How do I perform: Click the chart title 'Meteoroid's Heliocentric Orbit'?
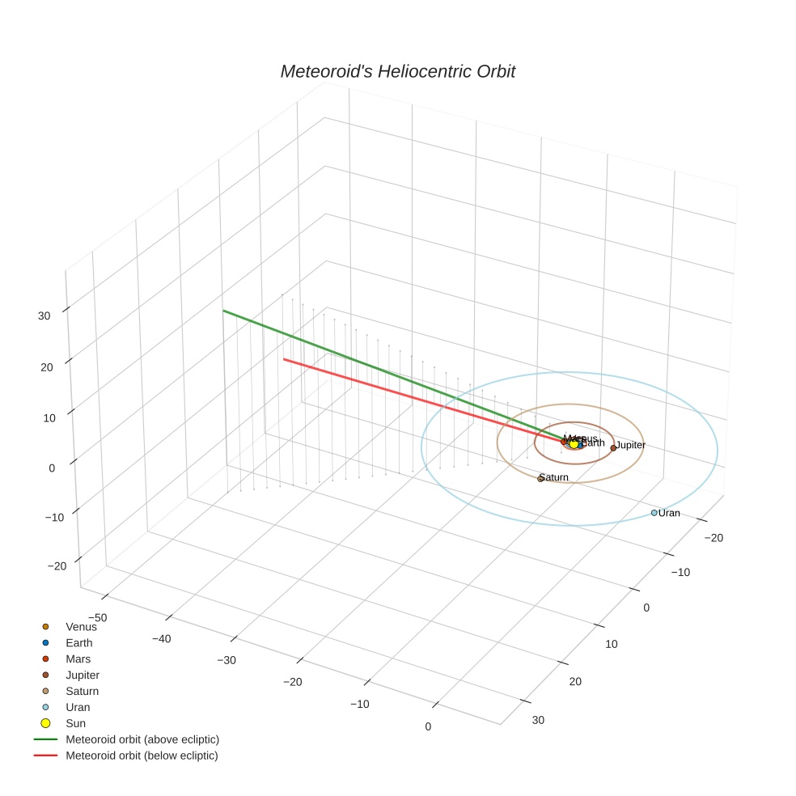(x=397, y=72)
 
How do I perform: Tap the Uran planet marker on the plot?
(x=654, y=513)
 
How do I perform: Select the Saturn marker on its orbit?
(x=540, y=479)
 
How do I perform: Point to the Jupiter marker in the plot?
(x=613, y=447)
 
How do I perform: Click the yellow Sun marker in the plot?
(x=574, y=444)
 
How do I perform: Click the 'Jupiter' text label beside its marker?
(x=631, y=446)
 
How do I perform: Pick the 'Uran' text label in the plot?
(x=669, y=513)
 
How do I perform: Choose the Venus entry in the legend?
(x=81, y=626)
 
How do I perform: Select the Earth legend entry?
(x=79, y=642)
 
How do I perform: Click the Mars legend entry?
(x=78, y=658)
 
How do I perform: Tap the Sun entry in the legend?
(x=76, y=723)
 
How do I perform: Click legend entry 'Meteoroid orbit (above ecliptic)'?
(x=142, y=739)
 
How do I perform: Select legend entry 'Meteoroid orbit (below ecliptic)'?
(x=142, y=756)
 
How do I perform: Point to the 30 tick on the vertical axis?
(x=44, y=316)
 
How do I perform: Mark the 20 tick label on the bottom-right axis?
(x=575, y=682)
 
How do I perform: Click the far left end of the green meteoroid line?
(x=224, y=311)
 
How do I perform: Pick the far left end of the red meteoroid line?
(x=284, y=359)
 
